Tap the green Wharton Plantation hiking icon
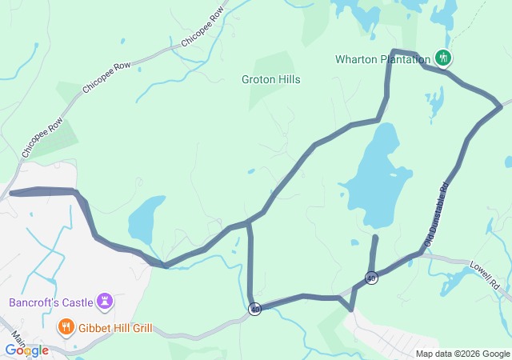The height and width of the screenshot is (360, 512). (442, 58)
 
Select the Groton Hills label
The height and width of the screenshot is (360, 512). (270, 80)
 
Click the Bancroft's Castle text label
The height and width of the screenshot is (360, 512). (46, 302)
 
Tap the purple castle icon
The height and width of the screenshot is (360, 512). (103, 301)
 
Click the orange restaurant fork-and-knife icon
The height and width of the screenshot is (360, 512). (66, 327)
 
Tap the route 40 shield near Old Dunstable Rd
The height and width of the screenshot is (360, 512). (371, 278)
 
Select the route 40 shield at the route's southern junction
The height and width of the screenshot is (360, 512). (254, 309)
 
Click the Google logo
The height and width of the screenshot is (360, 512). (26, 350)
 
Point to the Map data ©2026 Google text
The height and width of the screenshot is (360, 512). (462, 354)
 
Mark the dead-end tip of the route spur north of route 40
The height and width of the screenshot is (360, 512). (375, 237)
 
